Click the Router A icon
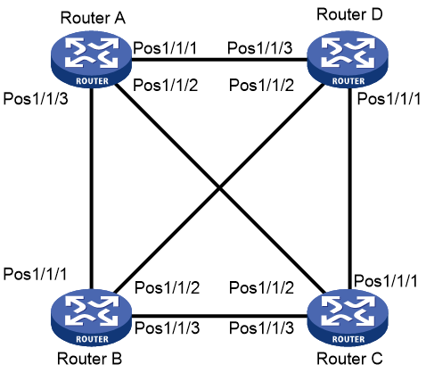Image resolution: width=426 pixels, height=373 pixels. click(92, 60)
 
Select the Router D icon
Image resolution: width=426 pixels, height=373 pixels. click(348, 60)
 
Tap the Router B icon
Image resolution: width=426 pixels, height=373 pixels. click(92, 318)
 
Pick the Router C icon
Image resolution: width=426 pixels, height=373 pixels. click(348, 318)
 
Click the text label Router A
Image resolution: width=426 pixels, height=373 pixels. click(93, 18)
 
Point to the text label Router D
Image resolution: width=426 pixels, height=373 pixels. click(349, 14)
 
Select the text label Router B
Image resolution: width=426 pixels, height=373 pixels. click(90, 359)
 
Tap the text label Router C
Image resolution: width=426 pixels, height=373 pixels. click(349, 359)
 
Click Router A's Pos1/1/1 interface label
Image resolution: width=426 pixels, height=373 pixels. click(165, 47)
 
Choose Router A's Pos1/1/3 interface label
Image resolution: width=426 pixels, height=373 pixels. click(36, 98)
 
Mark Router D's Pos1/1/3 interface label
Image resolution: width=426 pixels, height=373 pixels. click(260, 47)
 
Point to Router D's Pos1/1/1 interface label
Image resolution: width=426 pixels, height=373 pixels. click(389, 98)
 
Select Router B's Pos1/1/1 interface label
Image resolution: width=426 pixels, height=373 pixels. click(35, 274)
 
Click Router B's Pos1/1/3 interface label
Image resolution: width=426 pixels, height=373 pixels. click(168, 327)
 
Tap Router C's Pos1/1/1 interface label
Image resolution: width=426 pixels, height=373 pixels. click(386, 280)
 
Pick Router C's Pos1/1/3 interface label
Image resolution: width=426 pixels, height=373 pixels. click(261, 327)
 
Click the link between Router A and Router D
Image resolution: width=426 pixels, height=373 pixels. click(219, 60)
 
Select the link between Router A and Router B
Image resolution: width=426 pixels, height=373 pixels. click(92, 188)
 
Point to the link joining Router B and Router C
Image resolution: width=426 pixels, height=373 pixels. click(219, 317)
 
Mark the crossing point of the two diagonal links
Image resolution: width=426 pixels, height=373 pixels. click(219, 187)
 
